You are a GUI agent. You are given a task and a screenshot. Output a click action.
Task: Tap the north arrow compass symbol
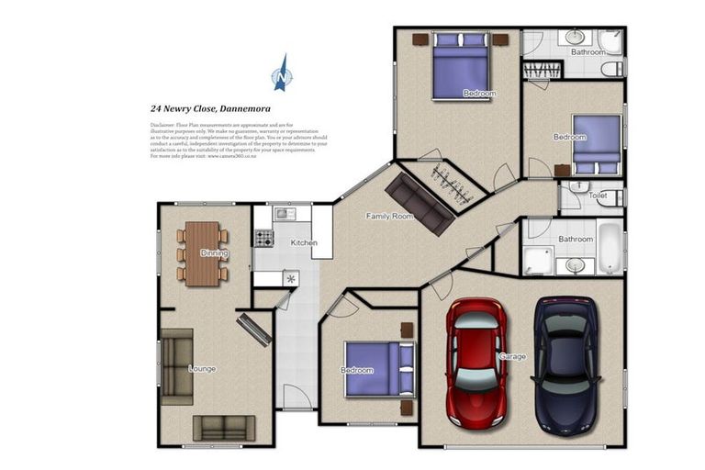click(282, 73)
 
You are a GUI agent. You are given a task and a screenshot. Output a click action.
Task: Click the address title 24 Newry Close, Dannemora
click(210, 107)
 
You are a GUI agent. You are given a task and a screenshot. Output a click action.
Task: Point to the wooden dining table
click(203, 253)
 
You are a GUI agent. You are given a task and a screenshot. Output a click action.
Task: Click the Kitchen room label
click(304, 243)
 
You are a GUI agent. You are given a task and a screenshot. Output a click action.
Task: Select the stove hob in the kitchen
click(263, 238)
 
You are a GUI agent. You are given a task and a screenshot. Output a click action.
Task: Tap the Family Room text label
click(389, 217)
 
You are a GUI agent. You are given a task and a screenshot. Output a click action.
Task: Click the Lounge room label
click(202, 369)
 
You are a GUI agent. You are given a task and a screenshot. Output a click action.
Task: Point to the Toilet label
click(598, 196)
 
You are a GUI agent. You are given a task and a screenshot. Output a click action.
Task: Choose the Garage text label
click(512, 356)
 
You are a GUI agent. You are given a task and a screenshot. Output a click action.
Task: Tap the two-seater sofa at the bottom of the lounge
click(224, 427)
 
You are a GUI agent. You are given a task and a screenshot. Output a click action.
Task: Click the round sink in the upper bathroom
click(576, 38)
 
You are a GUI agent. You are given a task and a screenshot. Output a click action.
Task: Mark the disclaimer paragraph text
click(238, 140)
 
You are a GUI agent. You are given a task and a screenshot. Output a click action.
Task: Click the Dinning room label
click(215, 253)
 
